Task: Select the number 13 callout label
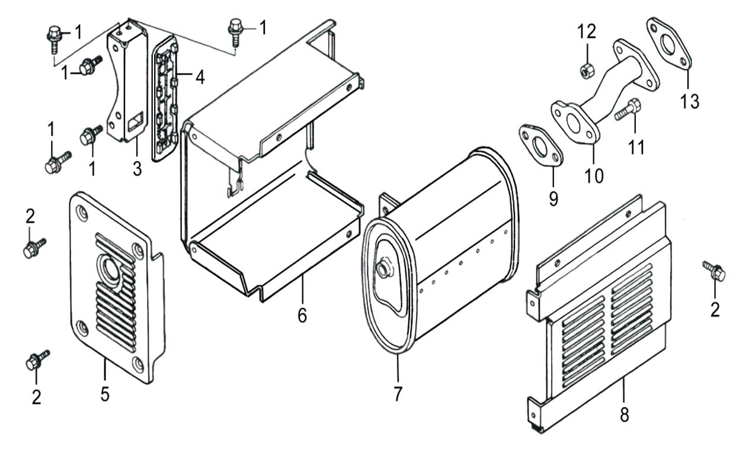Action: pyautogui.click(x=689, y=101)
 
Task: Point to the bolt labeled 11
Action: pyautogui.click(x=627, y=111)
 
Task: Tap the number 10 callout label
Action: pyautogui.click(x=594, y=175)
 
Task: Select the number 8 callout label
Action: pyautogui.click(x=624, y=415)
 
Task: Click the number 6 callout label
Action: pyautogui.click(x=302, y=316)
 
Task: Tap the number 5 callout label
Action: pyautogui.click(x=105, y=394)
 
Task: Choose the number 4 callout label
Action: pyautogui.click(x=200, y=77)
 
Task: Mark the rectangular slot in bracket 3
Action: pyautogui.click(x=136, y=122)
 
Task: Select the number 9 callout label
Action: pyautogui.click(x=553, y=198)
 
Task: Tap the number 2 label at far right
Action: pyautogui.click(x=715, y=310)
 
